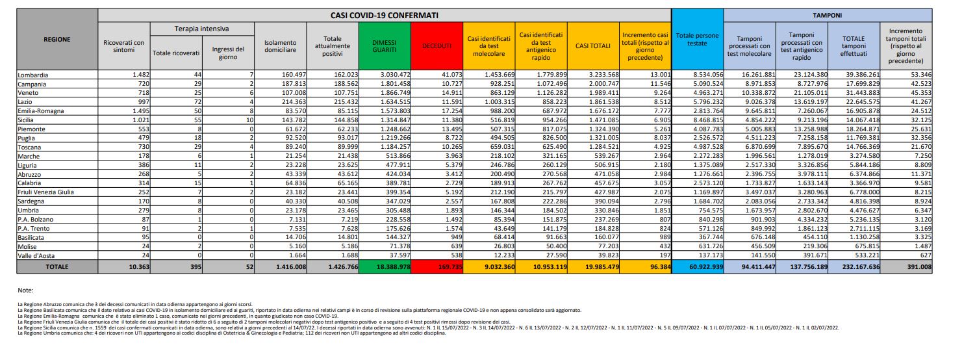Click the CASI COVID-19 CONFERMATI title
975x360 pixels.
384,14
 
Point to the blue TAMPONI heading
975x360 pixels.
828,14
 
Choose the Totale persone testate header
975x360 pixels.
697,39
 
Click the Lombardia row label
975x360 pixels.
34,75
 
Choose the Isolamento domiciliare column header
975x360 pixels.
280,45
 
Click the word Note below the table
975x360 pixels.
25,290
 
